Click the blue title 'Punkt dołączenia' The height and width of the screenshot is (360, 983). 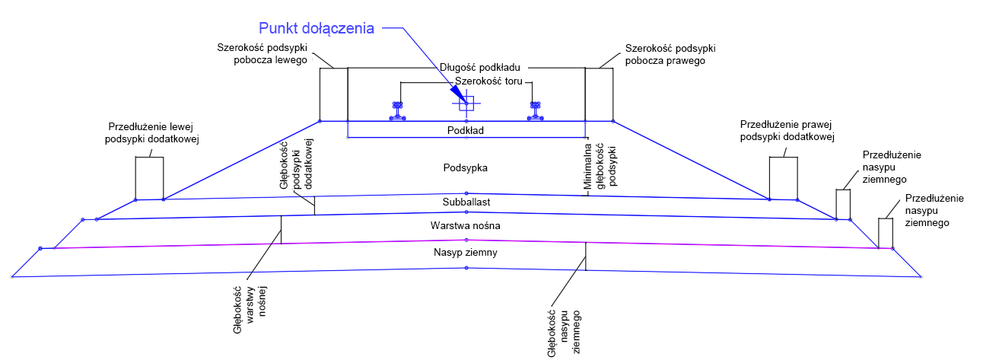point(317,28)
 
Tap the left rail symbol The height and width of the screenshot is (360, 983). point(398,111)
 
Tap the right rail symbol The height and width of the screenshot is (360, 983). point(536,111)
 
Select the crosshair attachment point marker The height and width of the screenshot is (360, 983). point(466,104)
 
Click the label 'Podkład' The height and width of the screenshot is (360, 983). point(466,130)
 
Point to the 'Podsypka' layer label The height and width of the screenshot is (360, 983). point(465,167)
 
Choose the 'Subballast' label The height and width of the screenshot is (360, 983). point(466,202)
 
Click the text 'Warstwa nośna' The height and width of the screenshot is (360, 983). point(465,225)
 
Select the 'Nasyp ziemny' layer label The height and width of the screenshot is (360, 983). point(465,253)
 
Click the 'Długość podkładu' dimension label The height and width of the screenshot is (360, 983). point(480,67)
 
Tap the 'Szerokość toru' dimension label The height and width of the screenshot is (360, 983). point(488,81)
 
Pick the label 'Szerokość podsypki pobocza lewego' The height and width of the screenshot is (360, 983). point(262,53)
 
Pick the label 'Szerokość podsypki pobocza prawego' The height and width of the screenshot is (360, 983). point(670,55)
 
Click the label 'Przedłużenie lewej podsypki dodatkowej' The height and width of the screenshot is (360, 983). point(152,133)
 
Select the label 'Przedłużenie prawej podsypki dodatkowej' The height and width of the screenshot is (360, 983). point(787,131)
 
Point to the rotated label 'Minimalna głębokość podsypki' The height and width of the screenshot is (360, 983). point(600,167)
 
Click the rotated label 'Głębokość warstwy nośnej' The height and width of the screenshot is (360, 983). point(250,310)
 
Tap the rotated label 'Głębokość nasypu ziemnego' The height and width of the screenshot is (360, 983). point(564,333)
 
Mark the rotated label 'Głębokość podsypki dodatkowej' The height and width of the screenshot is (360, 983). point(296,164)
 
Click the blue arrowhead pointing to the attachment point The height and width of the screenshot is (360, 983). point(458,93)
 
